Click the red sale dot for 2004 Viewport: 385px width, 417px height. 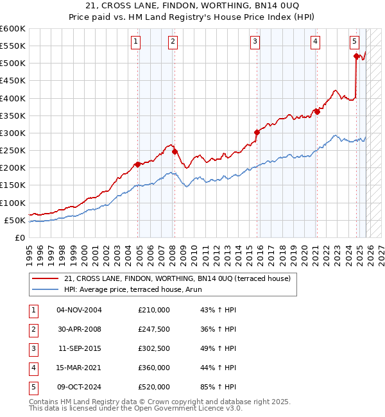pyautogui.click(x=138, y=164)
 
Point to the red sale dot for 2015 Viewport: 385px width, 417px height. pyautogui.click(x=257, y=132)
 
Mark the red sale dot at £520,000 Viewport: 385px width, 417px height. pyautogui.click(x=356, y=56)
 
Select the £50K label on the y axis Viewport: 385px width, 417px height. pyautogui.click(x=15, y=220)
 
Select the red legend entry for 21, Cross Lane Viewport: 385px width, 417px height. pyautogui.click(x=177, y=278)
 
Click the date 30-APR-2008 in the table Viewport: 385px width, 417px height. pyautogui.click(x=79, y=329)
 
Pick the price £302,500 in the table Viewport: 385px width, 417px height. pyautogui.click(x=154, y=348)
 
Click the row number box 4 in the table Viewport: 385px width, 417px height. pyautogui.click(x=33, y=368)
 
